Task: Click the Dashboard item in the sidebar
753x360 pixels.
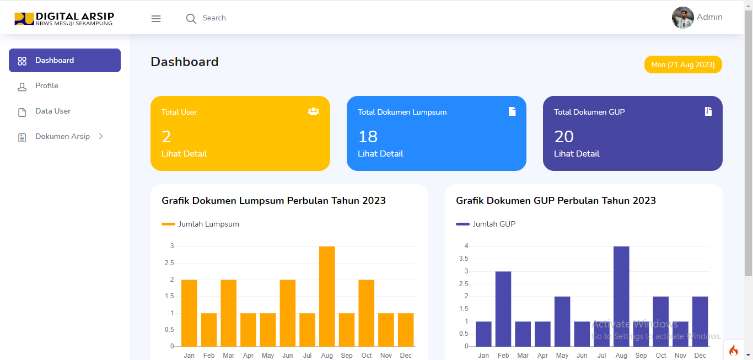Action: [x=64, y=61]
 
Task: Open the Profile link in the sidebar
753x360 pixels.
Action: [x=46, y=86]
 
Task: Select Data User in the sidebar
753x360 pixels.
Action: [x=53, y=111]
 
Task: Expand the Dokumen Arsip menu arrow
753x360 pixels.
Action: [x=101, y=136]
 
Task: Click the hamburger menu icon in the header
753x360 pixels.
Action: [x=156, y=19]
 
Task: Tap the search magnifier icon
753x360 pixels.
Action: [x=191, y=19]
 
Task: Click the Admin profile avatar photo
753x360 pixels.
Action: [x=682, y=18]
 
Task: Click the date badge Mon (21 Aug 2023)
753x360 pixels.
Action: [x=683, y=65]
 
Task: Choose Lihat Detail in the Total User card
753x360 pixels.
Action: [x=184, y=154]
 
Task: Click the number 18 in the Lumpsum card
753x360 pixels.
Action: [x=368, y=136]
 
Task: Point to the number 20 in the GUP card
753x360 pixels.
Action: [x=564, y=136]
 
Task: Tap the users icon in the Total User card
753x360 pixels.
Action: [x=313, y=111]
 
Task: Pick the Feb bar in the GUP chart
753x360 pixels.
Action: [x=503, y=309]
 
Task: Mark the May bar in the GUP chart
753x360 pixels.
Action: [x=562, y=321]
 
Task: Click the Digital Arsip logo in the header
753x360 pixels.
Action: [x=64, y=19]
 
